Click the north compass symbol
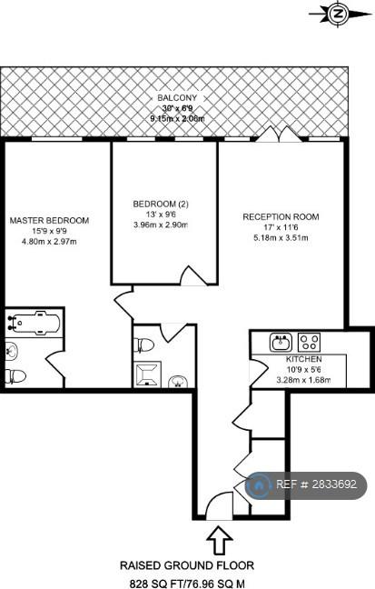pos(338,15)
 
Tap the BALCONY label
pos(177,98)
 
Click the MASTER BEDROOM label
pos(49,221)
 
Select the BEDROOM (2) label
pos(161,204)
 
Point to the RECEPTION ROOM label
pos(281,216)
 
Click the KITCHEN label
pos(303,359)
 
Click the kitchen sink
pos(281,342)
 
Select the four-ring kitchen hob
pos(309,342)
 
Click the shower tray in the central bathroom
pos(147,374)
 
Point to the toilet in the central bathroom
pos(144,344)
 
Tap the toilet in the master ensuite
pos(15,375)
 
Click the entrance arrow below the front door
pos(220,540)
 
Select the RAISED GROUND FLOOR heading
pos(187,565)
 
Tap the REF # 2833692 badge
pos(306,485)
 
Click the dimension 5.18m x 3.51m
pos(281,238)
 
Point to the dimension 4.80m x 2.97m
pos(49,242)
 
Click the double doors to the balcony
pos(280,135)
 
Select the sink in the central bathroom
pos(178,381)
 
